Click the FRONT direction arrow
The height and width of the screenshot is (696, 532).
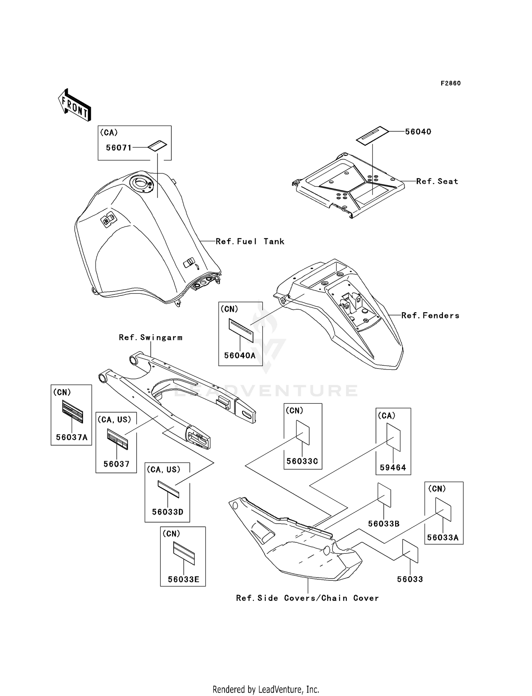point(75,105)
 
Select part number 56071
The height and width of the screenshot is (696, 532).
point(119,148)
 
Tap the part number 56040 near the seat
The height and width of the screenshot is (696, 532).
point(418,132)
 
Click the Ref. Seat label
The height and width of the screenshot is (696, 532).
point(437,181)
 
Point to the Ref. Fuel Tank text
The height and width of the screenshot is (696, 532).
point(250,242)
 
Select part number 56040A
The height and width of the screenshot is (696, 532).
point(240,355)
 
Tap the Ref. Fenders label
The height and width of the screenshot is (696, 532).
point(430,315)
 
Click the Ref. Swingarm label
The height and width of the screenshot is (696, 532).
point(151,337)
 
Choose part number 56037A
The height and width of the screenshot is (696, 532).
point(72,437)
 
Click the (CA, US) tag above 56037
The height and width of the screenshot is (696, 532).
point(114,420)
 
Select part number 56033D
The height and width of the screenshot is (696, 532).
point(168,512)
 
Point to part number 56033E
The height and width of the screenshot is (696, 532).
point(183,579)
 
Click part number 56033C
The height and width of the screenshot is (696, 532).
point(302,461)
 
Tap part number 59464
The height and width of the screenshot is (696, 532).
point(393,468)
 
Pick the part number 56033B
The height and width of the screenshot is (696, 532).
point(384,524)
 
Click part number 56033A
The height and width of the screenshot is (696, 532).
point(443,537)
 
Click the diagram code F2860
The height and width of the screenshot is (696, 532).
point(450,83)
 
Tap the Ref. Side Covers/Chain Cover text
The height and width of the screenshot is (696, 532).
point(307,598)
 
